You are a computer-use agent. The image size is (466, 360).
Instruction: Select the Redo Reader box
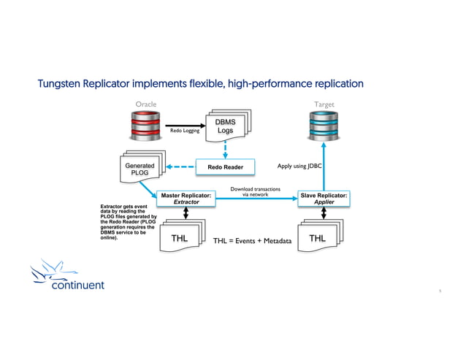(x=225, y=168)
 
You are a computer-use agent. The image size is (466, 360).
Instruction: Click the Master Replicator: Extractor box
(x=186, y=198)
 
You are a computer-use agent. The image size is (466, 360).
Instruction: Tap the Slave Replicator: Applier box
(x=324, y=198)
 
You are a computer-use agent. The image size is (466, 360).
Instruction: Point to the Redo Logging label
(x=185, y=132)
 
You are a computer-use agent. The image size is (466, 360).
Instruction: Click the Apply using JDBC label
(x=299, y=166)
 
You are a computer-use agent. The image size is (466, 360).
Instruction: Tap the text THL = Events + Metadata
(x=252, y=241)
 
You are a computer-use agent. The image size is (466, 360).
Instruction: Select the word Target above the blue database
(x=324, y=104)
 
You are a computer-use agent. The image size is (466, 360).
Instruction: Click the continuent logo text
(x=77, y=284)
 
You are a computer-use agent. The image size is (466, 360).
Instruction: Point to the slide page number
(x=440, y=291)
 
